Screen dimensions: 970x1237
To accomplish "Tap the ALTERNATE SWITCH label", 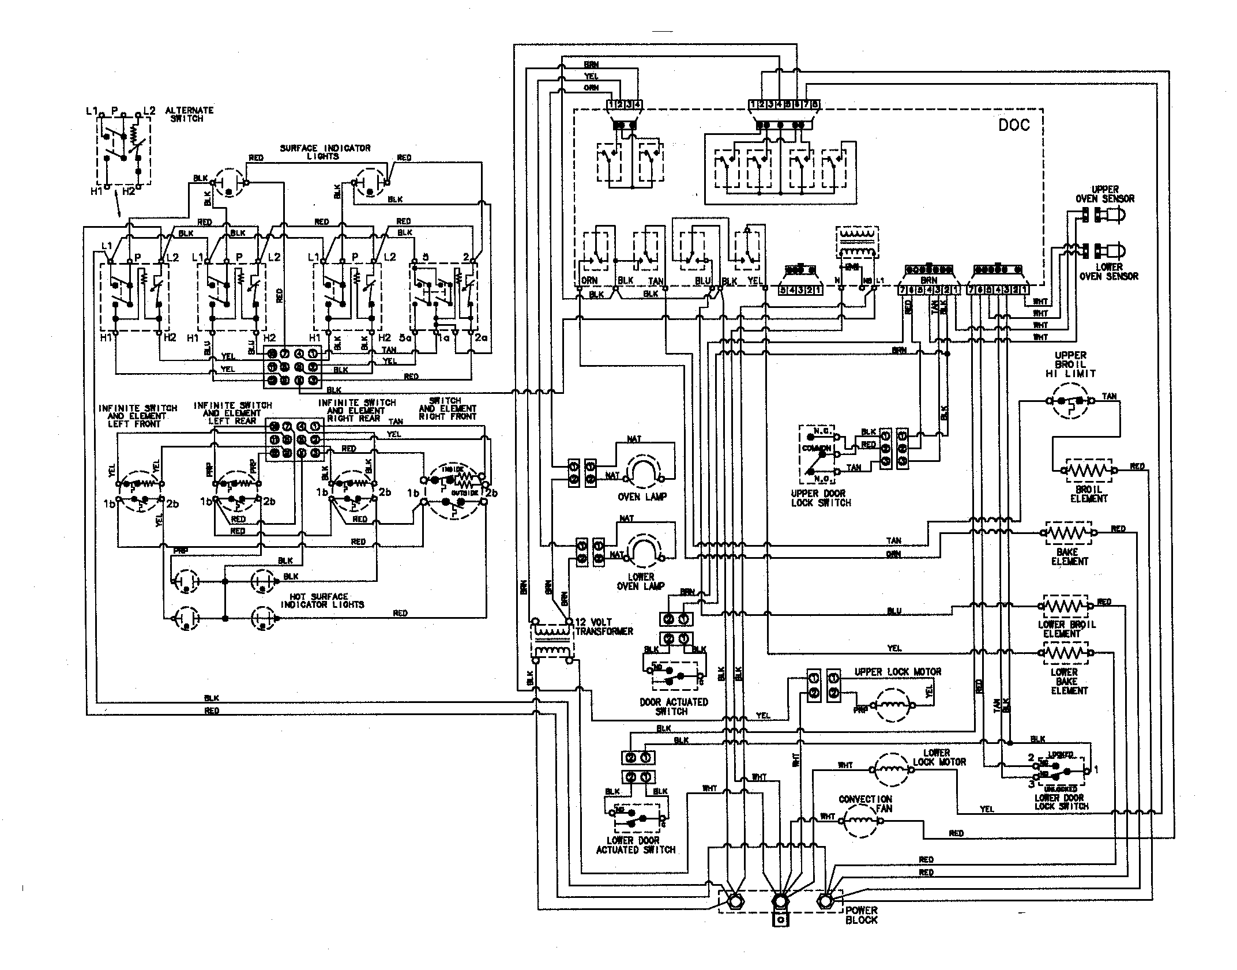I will point(189,114).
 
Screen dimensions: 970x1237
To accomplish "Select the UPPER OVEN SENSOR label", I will point(1104,194).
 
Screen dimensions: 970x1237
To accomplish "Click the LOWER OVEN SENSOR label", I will point(1108,272).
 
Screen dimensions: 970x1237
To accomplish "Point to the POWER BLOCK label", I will point(861,915).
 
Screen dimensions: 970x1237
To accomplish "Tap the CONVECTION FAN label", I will point(865,803).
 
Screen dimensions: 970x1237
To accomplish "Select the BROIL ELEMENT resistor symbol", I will point(1088,471).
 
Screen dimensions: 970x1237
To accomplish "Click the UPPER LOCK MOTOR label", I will point(897,672).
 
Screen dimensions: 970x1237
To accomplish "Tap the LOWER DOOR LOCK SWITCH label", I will point(1061,802).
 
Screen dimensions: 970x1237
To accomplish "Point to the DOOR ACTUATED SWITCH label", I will point(674,706).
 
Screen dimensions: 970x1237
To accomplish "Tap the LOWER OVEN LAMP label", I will point(641,581).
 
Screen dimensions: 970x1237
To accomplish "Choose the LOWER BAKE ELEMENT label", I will point(1069,681).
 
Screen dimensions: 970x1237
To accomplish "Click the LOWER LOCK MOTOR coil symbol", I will point(892,769).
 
